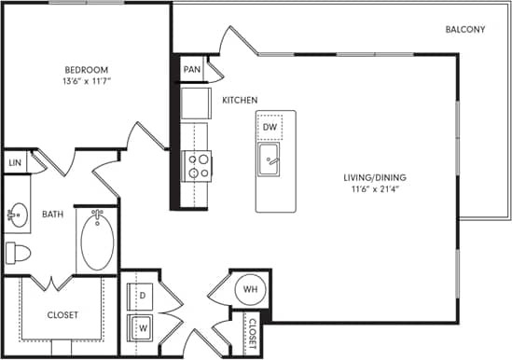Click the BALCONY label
tap(464, 30)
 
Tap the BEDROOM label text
tap(86, 70)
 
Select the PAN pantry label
tap(191, 69)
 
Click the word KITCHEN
tap(240, 100)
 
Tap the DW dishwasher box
tap(270, 127)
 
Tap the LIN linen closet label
tap(14, 162)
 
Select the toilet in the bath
tap(17, 253)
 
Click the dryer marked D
tap(143, 296)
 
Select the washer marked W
tap(143, 327)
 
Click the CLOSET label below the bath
tap(62, 314)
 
